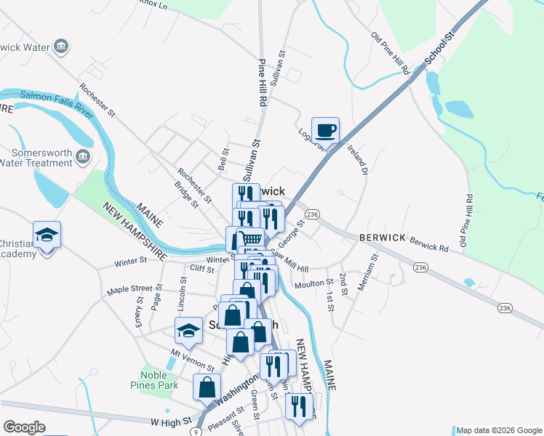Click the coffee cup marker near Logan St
[325, 131]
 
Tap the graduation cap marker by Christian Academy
[47, 235]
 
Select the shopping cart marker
[250, 239]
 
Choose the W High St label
[169, 421]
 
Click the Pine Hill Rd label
[263, 81]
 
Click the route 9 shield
[195, 432]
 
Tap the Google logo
[24, 427]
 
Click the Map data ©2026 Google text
[499, 430]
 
